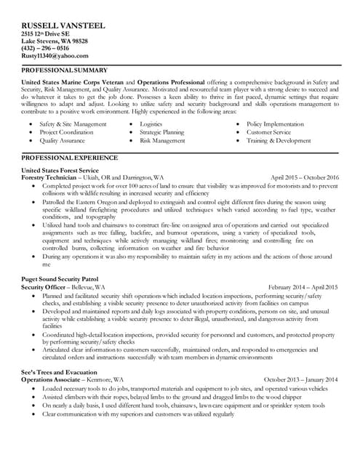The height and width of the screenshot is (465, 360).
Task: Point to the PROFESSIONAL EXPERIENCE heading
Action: tap(70, 157)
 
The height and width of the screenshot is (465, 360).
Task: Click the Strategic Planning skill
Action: tap(161, 132)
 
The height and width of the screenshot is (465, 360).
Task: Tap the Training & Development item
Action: tap(279, 141)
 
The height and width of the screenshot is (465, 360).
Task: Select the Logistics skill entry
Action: tap(151, 124)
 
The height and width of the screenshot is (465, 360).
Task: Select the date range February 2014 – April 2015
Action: tap(303, 287)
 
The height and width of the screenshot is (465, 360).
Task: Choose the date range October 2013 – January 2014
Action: tap(300, 379)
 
